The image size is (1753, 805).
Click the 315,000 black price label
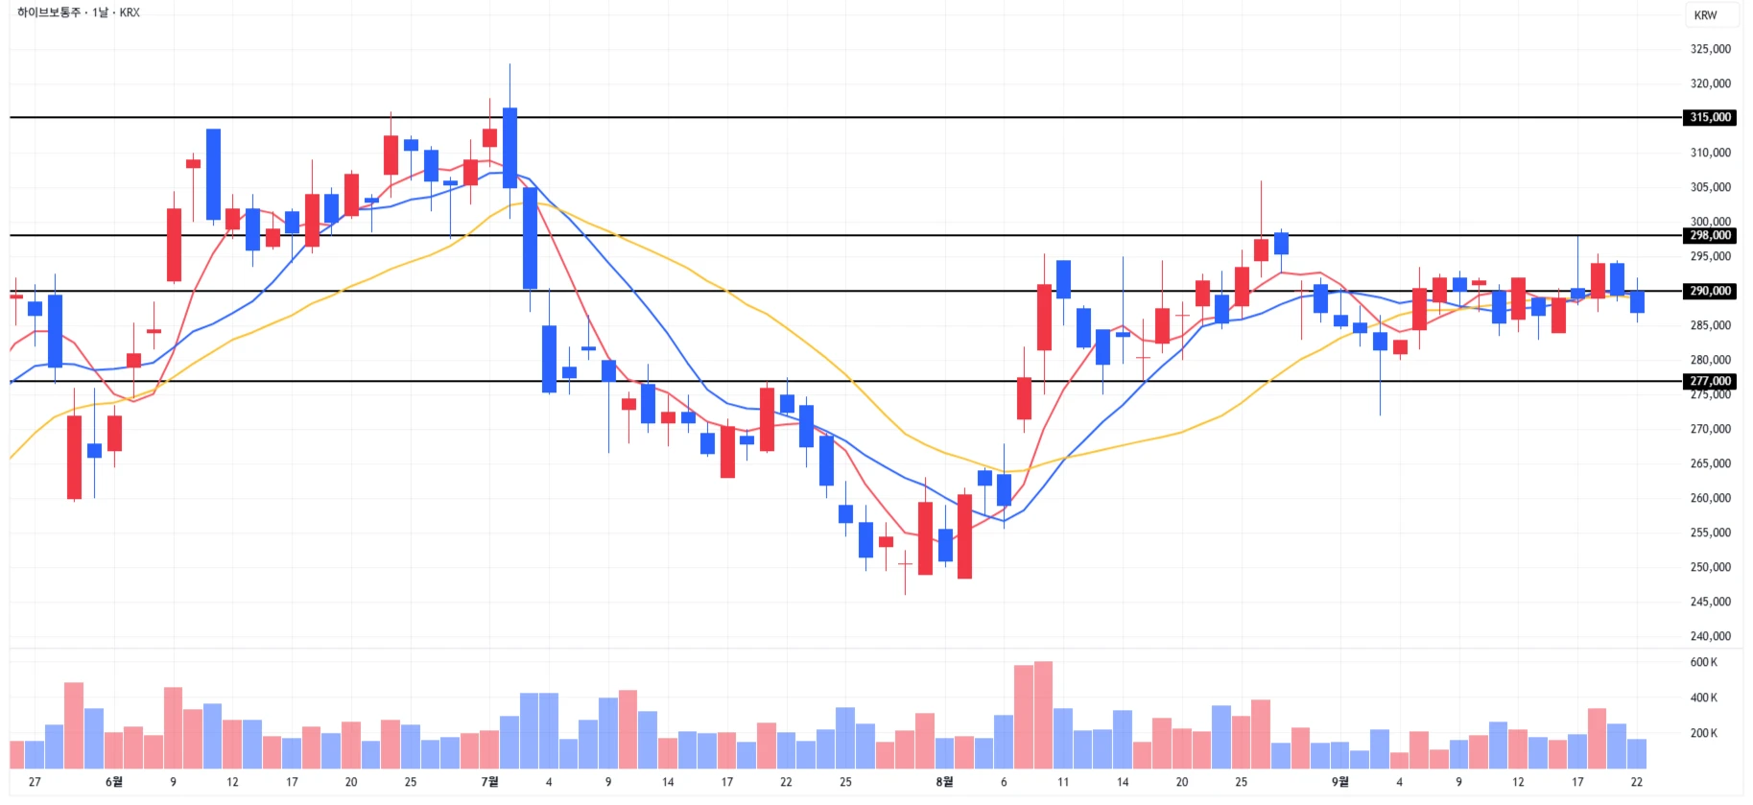1710,117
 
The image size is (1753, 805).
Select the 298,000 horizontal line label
1710,235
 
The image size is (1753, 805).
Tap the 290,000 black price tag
1710,291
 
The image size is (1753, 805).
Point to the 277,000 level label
1710,381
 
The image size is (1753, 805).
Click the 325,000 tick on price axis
1710,49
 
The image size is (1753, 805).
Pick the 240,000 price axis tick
1710,636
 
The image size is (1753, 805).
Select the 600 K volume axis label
1703,662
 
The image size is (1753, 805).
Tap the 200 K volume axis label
1703,733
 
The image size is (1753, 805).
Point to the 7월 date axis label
489,782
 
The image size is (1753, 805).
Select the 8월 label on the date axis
944,782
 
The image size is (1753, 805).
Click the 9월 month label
1339,782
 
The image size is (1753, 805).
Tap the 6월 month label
113,782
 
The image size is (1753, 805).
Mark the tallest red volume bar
1043,715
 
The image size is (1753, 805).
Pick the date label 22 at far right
1636,782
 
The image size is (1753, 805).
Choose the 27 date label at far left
35,782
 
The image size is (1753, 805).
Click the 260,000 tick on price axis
1710,498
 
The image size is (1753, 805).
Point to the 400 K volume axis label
1703,698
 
